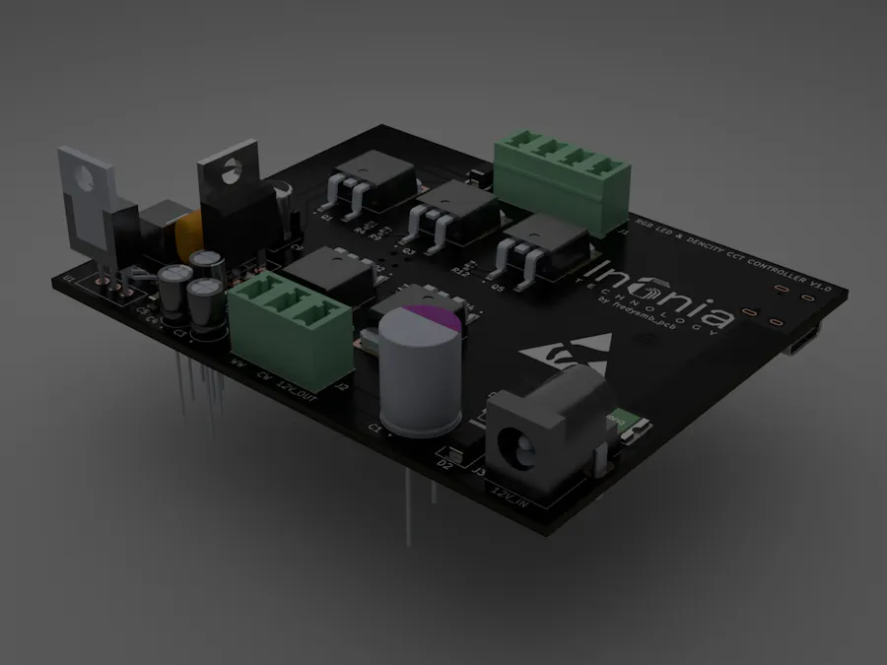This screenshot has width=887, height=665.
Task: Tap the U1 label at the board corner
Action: pyautogui.click(x=69, y=282)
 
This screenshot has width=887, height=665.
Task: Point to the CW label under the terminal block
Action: pyautogui.click(x=262, y=376)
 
